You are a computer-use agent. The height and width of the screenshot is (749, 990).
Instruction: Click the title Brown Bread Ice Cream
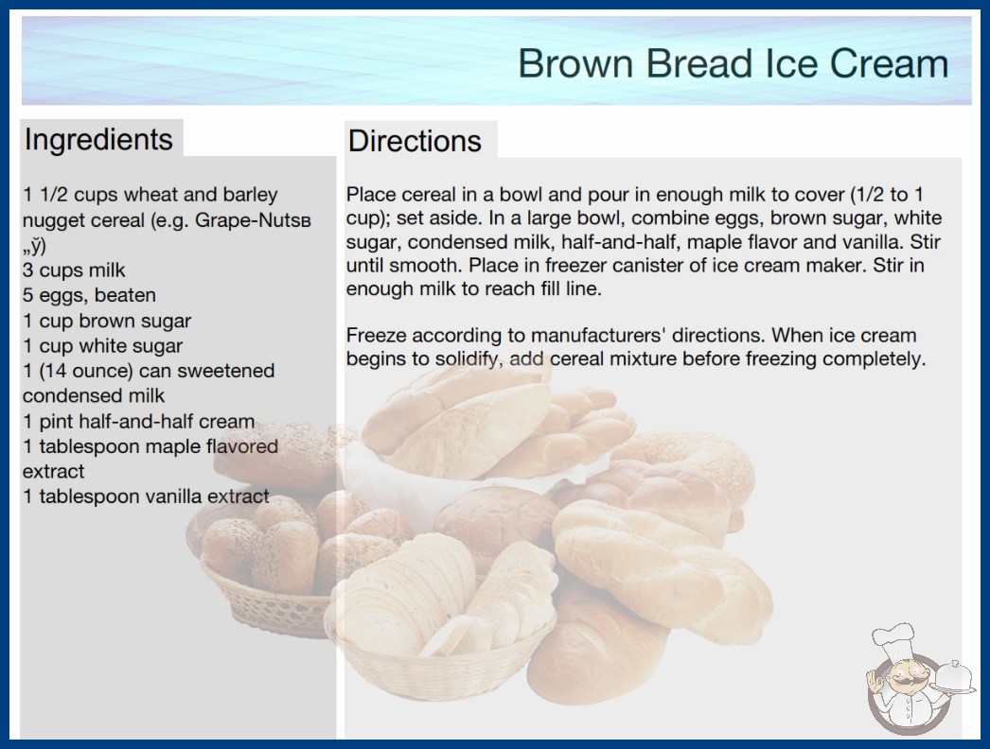(x=733, y=63)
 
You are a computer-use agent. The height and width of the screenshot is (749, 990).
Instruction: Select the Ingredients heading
(x=98, y=140)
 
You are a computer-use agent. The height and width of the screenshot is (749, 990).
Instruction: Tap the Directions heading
(x=415, y=141)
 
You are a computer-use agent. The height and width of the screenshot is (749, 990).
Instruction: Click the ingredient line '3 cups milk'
(x=74, y=270)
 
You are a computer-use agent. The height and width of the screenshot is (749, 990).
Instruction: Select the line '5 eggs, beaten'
(x=89, y=295)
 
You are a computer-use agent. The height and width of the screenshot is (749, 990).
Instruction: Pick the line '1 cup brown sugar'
(x=107, y=321)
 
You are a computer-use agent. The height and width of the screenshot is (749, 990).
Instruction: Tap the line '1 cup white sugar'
(x=102, y=346)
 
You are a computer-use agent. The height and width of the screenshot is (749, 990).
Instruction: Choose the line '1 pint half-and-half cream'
(x=139, y=421)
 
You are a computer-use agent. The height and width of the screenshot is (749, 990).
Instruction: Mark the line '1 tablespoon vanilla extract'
(x=146, y=496)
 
